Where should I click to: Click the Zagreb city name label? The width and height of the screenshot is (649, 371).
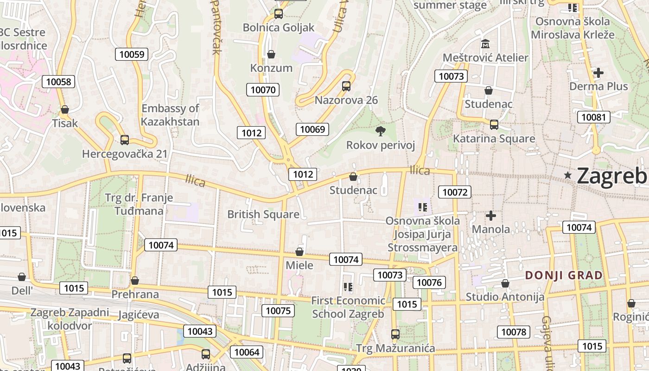[x=612, y=175]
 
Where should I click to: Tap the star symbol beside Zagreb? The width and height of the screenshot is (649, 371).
[x=568, y=175]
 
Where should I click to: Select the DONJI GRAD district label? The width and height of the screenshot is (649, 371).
[x=564, y=275]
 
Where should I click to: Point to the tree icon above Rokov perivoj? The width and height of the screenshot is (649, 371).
[x=381, y=131]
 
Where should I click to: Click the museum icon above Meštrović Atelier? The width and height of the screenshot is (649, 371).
[x=485, y=44]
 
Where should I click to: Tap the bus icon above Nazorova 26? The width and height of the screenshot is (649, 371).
[x=346, y=86]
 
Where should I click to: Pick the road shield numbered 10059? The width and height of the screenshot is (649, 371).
[x=132, y=54]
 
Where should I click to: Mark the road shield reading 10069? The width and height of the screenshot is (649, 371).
[x=312, y=129]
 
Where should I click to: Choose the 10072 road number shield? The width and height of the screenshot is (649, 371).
[x=455, y=192]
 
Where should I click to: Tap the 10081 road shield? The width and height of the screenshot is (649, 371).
[x=593, y=117]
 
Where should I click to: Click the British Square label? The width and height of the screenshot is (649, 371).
[x=263, y=214]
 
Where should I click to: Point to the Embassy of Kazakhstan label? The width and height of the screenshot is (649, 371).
[x=170, y=115]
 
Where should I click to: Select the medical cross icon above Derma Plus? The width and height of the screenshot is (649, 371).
[x=598, y=73]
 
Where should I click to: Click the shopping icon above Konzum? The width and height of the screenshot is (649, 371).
[x=271, y=55]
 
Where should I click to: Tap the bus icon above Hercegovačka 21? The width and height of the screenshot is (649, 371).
[x=124, y=140]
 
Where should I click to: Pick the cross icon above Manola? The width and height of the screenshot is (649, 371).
[x=490, y=216]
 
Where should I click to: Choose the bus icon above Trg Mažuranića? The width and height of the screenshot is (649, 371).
[x=395, y=334]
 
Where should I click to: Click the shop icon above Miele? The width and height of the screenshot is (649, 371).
[x=299, y=252]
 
